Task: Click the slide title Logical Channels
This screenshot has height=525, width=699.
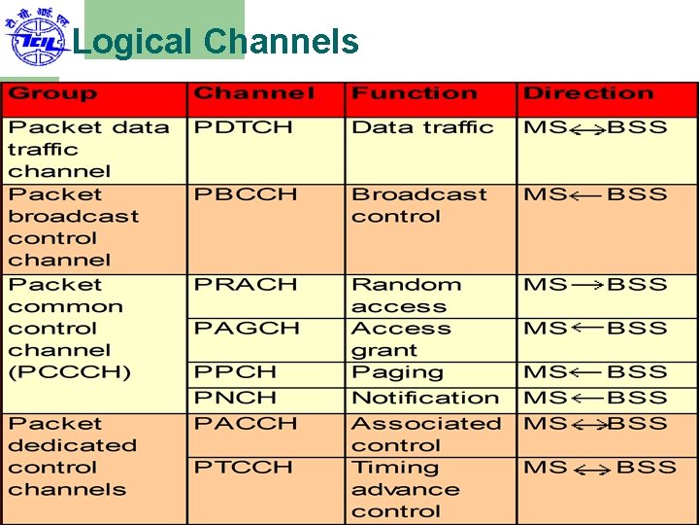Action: pyautogui.click(x=216, y=42)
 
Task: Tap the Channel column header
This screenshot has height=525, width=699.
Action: pyautogui.click(x=254, y=94)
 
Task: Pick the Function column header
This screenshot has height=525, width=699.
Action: pyautogui.click(x=415, y=94)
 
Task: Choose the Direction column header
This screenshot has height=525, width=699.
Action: pyautogui.click(x=588, y=94)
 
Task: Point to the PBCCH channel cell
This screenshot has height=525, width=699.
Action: pyautogui.click(x=246, y=194)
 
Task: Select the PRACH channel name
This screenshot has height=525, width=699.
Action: pyautogui.click(x=246, y=285)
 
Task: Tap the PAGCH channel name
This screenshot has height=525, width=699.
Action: pyautogui.click(x=247, y=329)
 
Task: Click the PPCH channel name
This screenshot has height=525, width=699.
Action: pyautogui.click(x=235, y=372)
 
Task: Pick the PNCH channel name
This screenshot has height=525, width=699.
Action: pyautogui.click(x=235, y=398)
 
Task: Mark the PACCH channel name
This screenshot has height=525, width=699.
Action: pyautogui.click(x=246, y=424)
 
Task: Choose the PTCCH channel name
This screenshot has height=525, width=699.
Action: pyautogui.click(x=244, y=468)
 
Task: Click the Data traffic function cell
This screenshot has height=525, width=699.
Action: pyautogui.click(x=422, y=127)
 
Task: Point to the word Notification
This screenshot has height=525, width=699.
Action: pyautogui.click(x=425, y=398)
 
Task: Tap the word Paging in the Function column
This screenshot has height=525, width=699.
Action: pyautogui.click(x=397, y=373)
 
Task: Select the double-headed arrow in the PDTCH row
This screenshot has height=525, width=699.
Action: pyautogui.click(x=587, y=129)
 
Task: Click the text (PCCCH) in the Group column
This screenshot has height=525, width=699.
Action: pyautogui.click(x=69, y=372)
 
